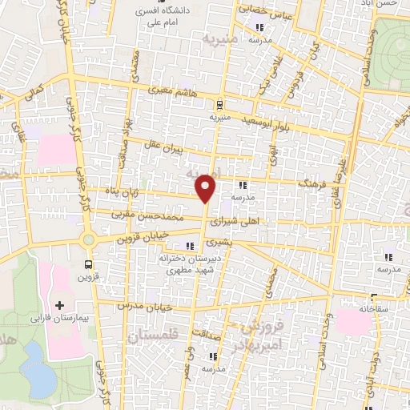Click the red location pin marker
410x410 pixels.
(207, 187)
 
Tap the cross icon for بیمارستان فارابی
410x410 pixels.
(60, 305)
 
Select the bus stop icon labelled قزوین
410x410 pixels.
(87, 263)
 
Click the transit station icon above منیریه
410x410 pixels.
(219, 103)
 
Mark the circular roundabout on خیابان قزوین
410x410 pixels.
(89, 239)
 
